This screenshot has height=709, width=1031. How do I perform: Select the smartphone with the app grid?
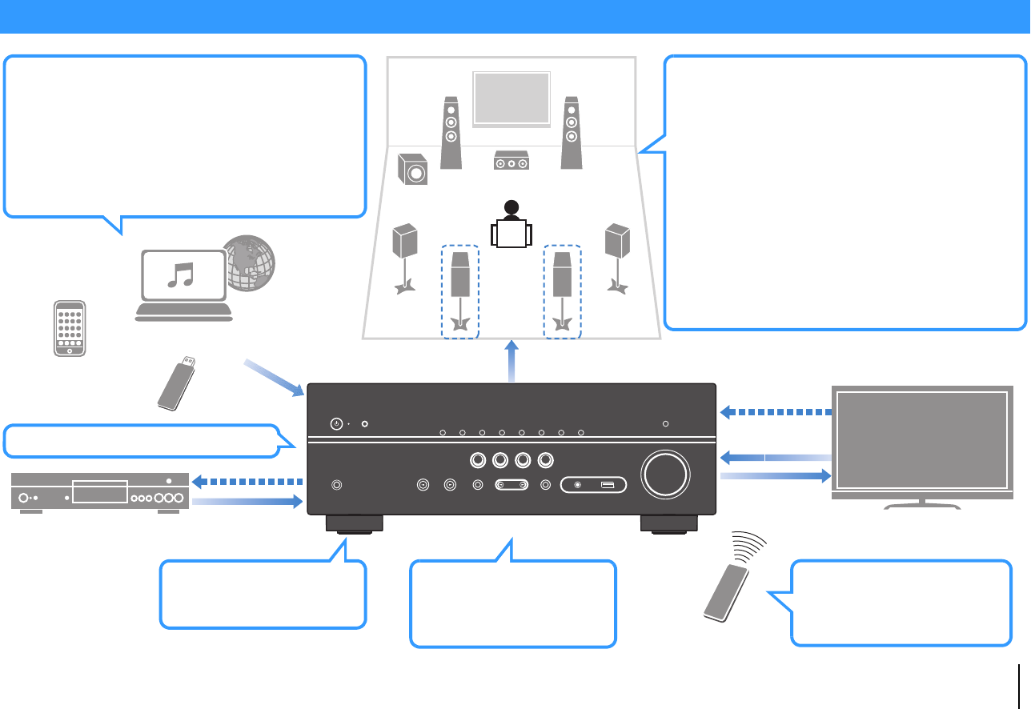70,329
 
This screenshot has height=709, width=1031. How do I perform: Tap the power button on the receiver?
336,423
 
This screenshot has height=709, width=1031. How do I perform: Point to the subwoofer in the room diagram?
413,170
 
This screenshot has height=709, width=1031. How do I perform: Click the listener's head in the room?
511,206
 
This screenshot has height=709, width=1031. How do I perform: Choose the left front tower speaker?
451,132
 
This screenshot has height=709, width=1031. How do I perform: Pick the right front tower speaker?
571,132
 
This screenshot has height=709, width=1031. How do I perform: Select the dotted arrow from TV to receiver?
776,413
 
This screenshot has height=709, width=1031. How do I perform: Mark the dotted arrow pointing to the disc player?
248,483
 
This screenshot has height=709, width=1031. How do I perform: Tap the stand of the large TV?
924,504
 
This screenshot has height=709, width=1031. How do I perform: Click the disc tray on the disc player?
99,491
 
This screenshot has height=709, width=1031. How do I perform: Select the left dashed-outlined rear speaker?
459,292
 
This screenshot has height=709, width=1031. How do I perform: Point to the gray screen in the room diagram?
511,98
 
